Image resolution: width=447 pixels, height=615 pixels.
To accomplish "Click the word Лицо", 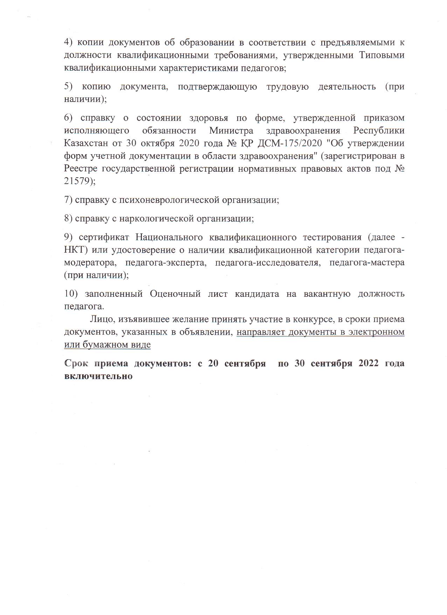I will coord(102,319).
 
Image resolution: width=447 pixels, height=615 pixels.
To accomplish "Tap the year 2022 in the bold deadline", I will coord(369,363).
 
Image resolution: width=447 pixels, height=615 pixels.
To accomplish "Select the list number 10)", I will coord(71,294).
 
